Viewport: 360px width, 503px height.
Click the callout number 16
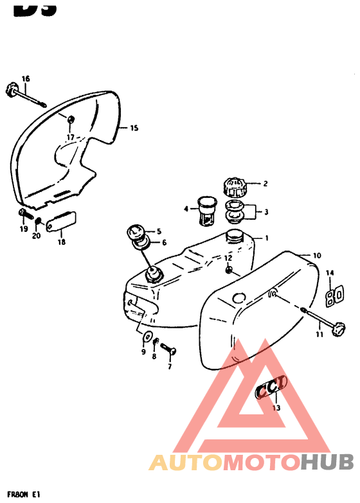[x=26, y=79]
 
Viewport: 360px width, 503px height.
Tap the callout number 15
[x=134, y=128]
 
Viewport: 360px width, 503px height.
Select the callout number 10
[x=316, y=256]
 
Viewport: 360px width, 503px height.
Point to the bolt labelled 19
[x=23, y=213]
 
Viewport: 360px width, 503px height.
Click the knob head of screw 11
[x=337, y=329]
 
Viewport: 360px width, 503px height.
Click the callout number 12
[x=228, y=258]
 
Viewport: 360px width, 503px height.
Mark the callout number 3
[x=265, y=210]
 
